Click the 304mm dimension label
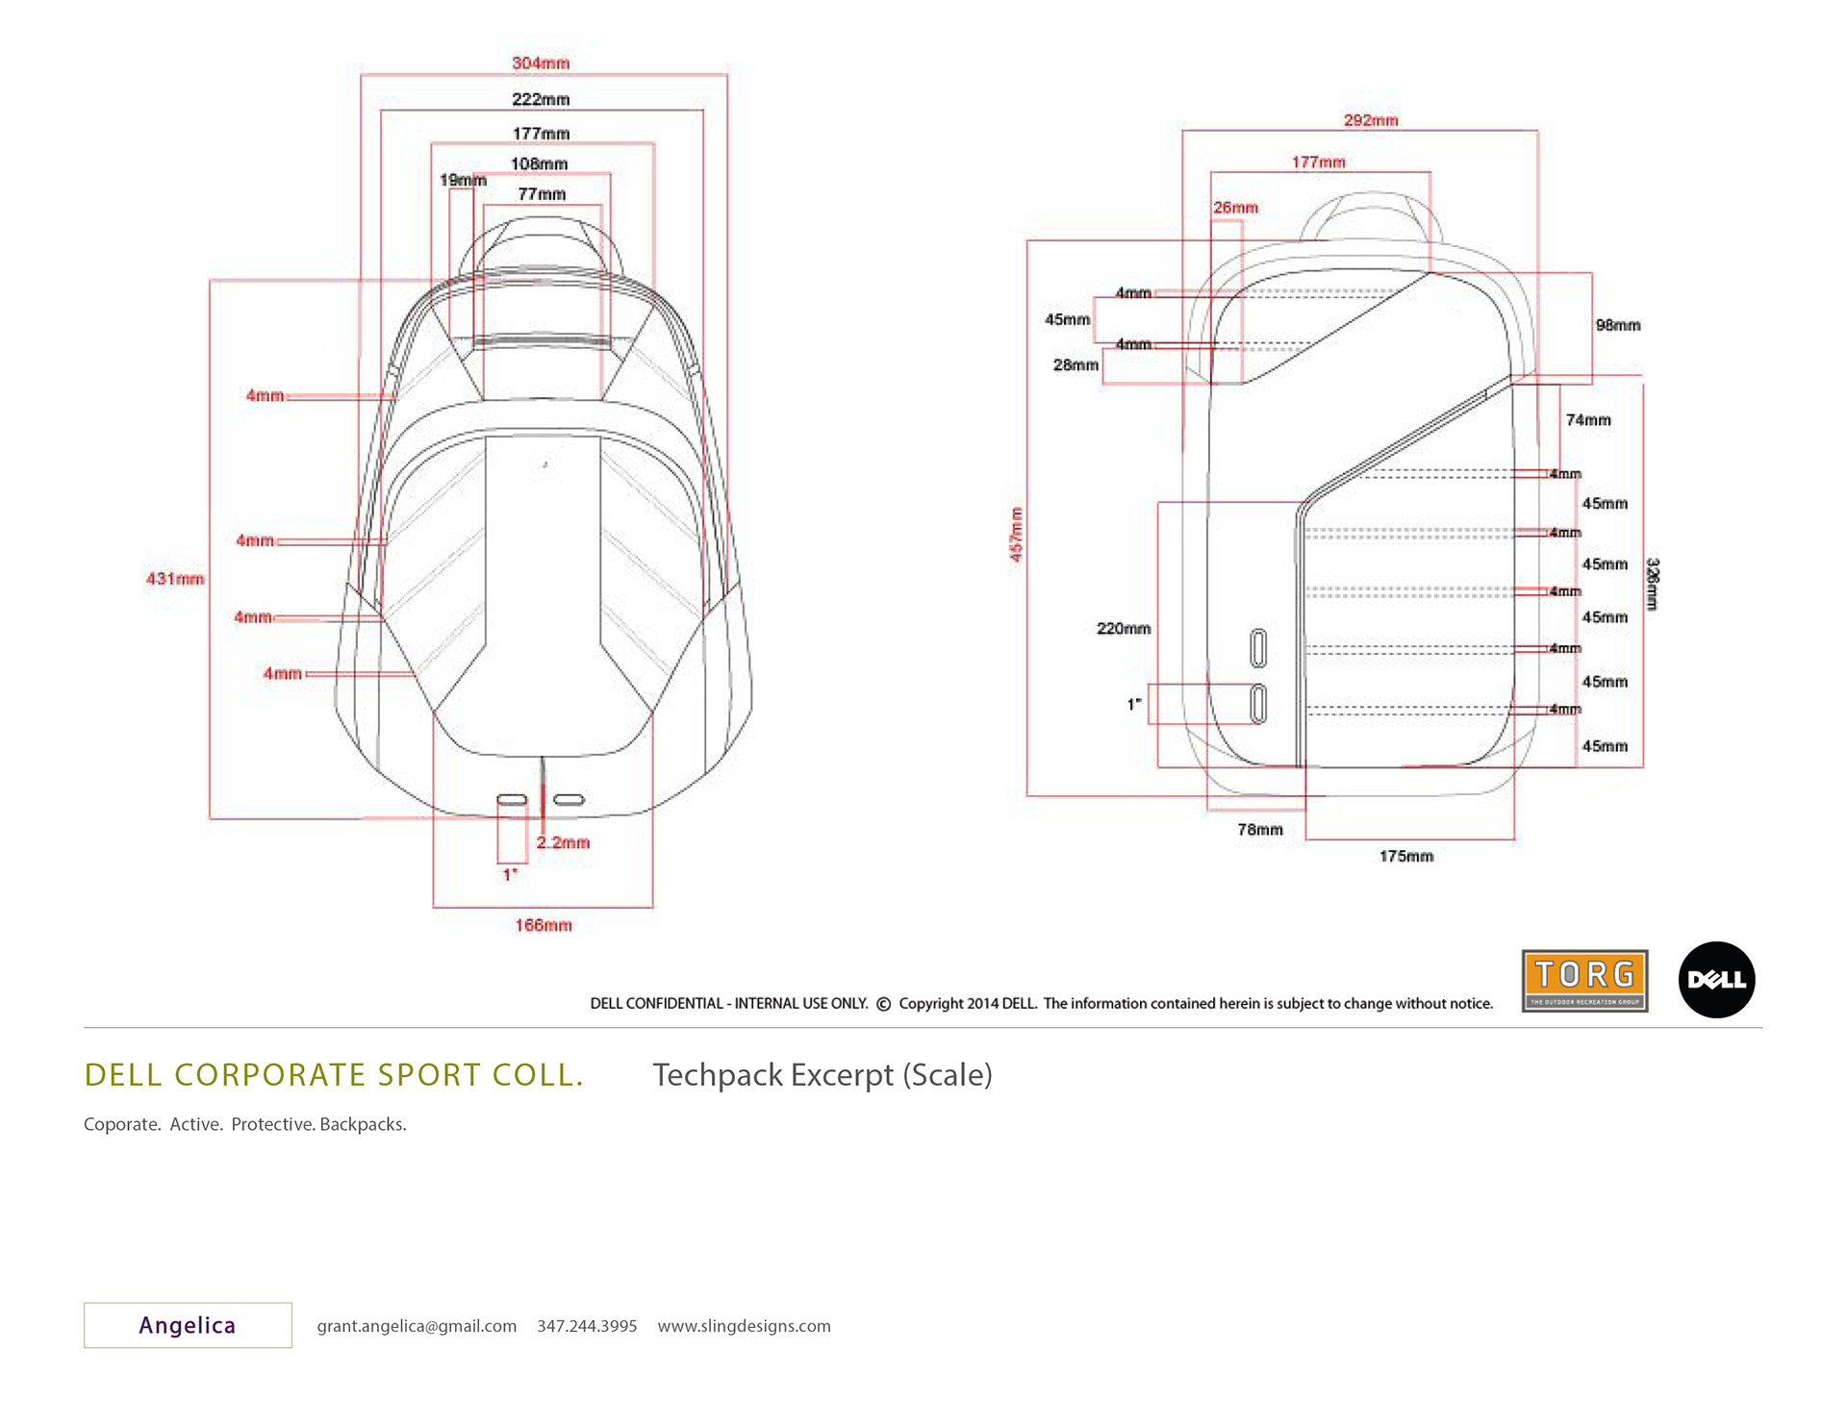coord(541,63)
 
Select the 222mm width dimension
coord(541,100)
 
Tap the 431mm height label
coord(175,579)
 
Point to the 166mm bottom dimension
coord(544,926)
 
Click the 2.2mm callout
coord(563,843)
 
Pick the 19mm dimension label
coord(463,181)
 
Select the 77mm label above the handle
coord(542,195)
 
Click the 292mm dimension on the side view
coord(1371,121)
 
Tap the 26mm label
coord(1235,209)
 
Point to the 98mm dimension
coord(1618,326)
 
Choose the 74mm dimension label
coord(1588,420)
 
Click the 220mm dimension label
coord(1124,629)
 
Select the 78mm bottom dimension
coord(1260,830)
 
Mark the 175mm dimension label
coord(1406,857)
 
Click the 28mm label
coord(1075,365)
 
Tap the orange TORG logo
coord(1584,981)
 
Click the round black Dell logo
coord(1717,980)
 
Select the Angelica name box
coord(188,1325)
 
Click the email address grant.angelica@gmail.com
coord(417,1326)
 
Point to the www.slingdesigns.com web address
coord(744,1326)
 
